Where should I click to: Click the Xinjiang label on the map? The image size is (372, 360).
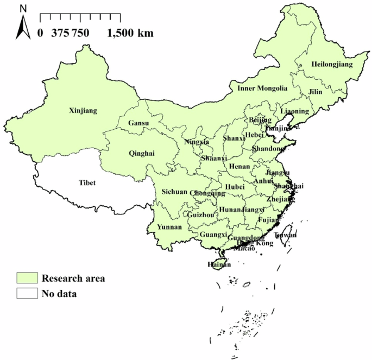click(83, 111)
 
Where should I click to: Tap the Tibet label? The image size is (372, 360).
click(87, 182)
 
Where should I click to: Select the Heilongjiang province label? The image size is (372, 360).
click(332, 65)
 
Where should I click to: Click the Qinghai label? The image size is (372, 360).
click(142, 153)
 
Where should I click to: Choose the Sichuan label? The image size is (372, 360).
click(174, 192)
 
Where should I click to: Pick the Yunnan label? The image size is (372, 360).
click(167, 227)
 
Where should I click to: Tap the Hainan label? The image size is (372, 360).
click(219, 264)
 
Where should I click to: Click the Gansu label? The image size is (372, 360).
click(138, 124)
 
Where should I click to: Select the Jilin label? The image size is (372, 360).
click(315, 92)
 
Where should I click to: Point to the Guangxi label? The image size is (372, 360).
click(213, 235)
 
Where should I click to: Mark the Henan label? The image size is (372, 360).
click(239, 167)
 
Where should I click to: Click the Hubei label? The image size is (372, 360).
click(235, 187)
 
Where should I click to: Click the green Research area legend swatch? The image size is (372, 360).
click(26, 279)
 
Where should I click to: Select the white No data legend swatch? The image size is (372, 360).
click(26, 294)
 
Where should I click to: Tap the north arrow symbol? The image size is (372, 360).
click(23, 25)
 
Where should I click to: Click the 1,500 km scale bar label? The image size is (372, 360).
click(130, 33)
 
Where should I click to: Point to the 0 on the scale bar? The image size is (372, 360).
click(40, 33)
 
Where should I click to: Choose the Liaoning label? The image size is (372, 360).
click(295, 111)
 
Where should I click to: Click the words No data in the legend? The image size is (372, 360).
click(59, 294)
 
